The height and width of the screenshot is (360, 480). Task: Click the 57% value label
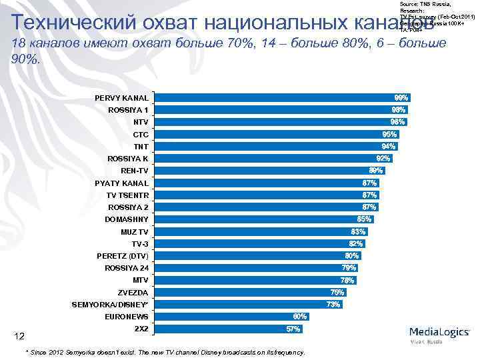pyautogui.click(x=293, y=329)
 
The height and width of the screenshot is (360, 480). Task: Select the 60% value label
pyautogui.click(x=300, y=317)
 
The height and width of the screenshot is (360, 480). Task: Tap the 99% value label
pyautogui.click(x=401, y=98)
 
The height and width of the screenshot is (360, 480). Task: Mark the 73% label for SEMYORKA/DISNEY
pyautogui.click(x=333, y=305)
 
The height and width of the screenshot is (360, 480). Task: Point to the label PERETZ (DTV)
pyautogui.click(x=123, y=256)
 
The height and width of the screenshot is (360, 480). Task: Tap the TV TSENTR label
pyautogui.click(x=128, y=195)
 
